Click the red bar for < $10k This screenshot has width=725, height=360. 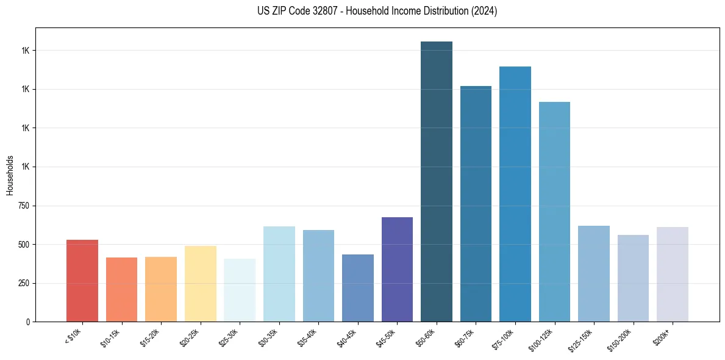[82, 281]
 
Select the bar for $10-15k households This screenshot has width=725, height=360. [121, 290]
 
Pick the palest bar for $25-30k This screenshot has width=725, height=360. [240, 290]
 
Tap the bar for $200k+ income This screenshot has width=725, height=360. [673, 275]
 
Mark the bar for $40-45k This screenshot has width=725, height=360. [358, 288]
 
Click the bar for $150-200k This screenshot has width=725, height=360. [633, 278]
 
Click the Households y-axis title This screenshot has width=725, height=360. [10, 175]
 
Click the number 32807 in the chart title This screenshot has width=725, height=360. [318, 11]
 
